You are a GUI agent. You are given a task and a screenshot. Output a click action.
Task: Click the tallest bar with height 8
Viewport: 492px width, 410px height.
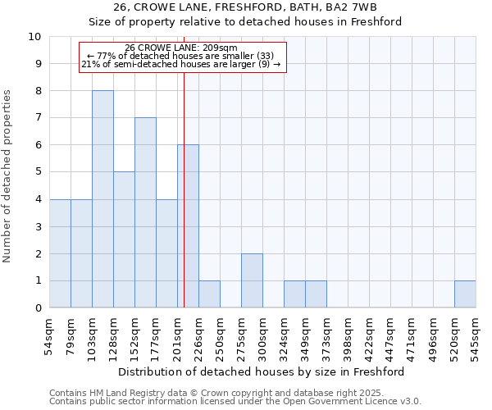(102, 199)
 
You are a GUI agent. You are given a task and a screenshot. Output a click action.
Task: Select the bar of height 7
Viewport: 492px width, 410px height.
(145, 212)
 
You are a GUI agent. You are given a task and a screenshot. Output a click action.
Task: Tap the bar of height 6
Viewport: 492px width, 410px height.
(189, 226)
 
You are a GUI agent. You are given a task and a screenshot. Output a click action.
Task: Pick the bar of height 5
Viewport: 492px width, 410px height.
(124, 239)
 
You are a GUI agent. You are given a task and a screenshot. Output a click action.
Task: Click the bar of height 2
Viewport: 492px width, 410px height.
(252, 280)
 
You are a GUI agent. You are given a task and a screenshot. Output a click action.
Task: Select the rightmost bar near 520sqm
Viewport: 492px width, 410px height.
(465, 294)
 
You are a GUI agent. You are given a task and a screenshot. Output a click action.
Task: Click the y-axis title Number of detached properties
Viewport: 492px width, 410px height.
(8, 176)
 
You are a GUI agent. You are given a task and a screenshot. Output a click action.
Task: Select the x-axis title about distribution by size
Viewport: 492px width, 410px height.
(262, 372)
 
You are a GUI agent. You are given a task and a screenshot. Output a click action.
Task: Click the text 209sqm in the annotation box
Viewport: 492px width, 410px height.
(220, 48)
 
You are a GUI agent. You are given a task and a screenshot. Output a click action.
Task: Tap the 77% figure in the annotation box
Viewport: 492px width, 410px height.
(107, 56)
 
